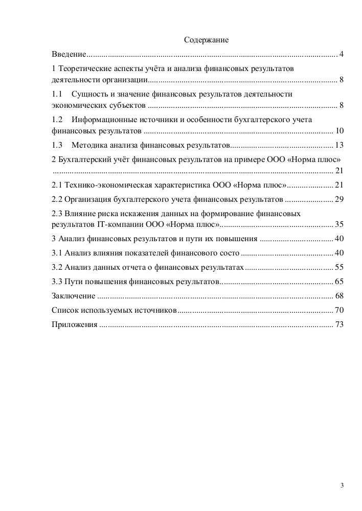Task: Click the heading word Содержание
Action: pyautogui.click(x=206, y=39)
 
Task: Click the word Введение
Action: pyautogui.click(x=69, y=54)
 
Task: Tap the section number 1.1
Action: pyautogui.click(x=57, y=95)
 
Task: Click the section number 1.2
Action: pyautogui.click(x=57, y=119)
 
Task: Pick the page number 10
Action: pyautogui.click(x=338, y=130)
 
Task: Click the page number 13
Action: pyautogui.click(x=338, y=145)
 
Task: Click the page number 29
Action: pyautogui.click(x=338, y=199)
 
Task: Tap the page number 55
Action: pyautogui.click(x=338, y=267)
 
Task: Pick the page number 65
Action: pyautogui.click(x=338, y=282)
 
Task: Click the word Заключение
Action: pyautogui.click(x=74, y=296)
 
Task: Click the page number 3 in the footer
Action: pyautogui.click(x=342, y=484)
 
